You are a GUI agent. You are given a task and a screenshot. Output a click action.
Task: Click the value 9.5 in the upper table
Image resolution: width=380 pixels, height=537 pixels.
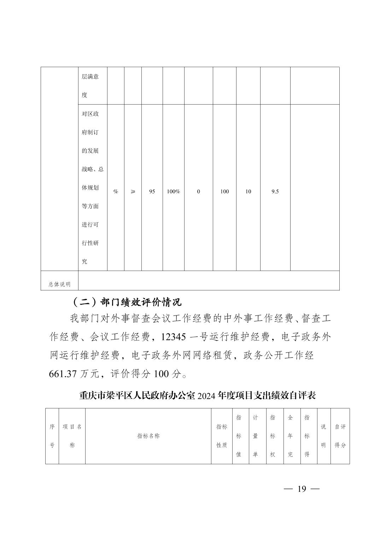pos(275,191)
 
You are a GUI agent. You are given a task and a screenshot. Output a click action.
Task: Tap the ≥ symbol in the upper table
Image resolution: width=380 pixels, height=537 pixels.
pos(133,191)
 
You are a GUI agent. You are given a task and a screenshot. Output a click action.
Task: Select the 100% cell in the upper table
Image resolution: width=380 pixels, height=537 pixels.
pos(173,191)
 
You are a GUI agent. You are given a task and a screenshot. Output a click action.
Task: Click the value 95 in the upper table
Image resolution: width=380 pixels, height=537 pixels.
pos(152,191)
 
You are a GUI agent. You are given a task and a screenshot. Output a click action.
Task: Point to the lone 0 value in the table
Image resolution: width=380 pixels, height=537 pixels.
pos(198,191)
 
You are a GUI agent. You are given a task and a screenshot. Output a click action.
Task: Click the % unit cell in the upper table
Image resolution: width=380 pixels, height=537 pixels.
pos(116,191)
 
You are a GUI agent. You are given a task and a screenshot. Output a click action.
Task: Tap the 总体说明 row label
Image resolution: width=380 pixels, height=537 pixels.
pos(59,284)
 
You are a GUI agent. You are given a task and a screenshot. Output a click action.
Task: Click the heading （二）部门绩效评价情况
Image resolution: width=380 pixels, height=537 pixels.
pos(126,302)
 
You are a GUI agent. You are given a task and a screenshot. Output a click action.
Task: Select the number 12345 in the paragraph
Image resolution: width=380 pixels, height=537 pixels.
pos(173,337)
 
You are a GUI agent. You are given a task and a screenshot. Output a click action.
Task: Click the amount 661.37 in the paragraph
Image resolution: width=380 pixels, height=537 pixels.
pos(63,374)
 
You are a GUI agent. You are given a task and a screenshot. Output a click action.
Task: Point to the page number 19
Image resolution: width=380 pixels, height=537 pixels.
pos(302,489)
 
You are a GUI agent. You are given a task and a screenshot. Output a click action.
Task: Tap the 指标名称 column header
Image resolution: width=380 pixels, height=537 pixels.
pos(148,436)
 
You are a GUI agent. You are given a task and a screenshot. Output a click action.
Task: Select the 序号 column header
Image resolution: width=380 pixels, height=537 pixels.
pos(52,436)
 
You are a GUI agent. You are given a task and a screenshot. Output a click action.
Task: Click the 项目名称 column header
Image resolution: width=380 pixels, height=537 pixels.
pos(72,436)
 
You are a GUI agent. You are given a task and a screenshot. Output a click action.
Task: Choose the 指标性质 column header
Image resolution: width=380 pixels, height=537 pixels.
pos(222,436)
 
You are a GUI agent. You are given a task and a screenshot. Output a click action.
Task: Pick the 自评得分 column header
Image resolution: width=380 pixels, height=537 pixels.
pos(340,436)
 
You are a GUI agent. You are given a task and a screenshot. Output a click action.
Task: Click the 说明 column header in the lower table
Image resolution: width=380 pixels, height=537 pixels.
pos(323,436)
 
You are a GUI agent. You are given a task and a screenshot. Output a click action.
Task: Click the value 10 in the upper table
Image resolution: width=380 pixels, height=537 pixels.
pos(248,191)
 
